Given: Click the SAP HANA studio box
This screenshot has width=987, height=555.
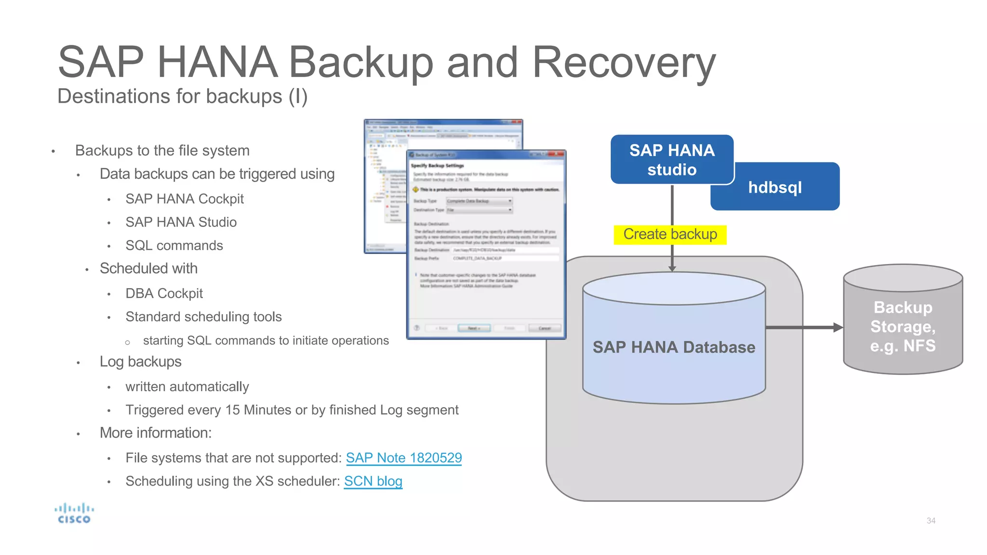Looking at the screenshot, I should pos(672,159).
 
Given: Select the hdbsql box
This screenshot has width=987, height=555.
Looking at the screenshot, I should pos(775,187).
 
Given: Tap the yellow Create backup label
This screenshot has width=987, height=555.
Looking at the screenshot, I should pos(670,235).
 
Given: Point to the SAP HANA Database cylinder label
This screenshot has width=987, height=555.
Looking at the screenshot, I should pos(674,347).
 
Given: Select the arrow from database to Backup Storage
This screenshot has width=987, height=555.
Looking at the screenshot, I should pos(803,328).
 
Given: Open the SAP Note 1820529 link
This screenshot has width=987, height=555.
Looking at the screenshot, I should pos(404,458).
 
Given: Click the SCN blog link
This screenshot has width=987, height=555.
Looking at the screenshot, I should pos(373,481).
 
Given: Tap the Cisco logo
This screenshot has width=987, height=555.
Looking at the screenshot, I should pos(74,514).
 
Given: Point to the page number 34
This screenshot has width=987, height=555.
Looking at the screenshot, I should pos(931,521).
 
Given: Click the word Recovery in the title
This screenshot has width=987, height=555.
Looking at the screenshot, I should pos(624,63).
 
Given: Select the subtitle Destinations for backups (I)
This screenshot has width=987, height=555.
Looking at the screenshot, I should pos(182,96).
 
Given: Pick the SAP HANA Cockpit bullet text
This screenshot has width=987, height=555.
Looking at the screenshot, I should pos(185,199).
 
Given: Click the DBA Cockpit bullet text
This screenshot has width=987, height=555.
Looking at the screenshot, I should pos(164,293).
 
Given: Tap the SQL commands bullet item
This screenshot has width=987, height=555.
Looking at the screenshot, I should pos(174,246).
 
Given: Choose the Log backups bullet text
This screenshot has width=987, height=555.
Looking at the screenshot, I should pos(140,362).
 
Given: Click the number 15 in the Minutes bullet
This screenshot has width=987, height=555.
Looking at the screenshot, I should pos(232,410).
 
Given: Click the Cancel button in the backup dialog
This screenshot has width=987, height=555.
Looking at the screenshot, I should pos(545,328).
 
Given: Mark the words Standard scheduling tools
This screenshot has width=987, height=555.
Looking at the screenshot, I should pos(203,317).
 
